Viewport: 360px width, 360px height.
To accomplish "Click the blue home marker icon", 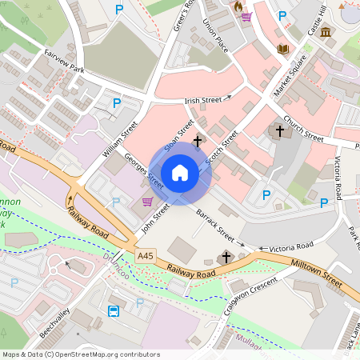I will click(180, 173).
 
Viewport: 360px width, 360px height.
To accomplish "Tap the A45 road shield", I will click(145, 256).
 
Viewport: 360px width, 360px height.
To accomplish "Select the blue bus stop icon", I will click(114, 310).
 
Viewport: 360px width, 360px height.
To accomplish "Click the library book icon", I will click(282, 50).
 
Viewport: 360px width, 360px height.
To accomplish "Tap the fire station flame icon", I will click(237, 6).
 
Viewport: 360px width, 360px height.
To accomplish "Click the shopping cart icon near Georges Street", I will click(147, 202).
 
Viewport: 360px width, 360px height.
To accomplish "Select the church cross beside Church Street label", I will click(280, 130).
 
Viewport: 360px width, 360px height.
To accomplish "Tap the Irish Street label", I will click(203, 100).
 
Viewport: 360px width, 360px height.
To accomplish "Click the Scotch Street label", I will click(222, 149).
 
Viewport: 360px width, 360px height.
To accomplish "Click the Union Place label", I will click(216, 36).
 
